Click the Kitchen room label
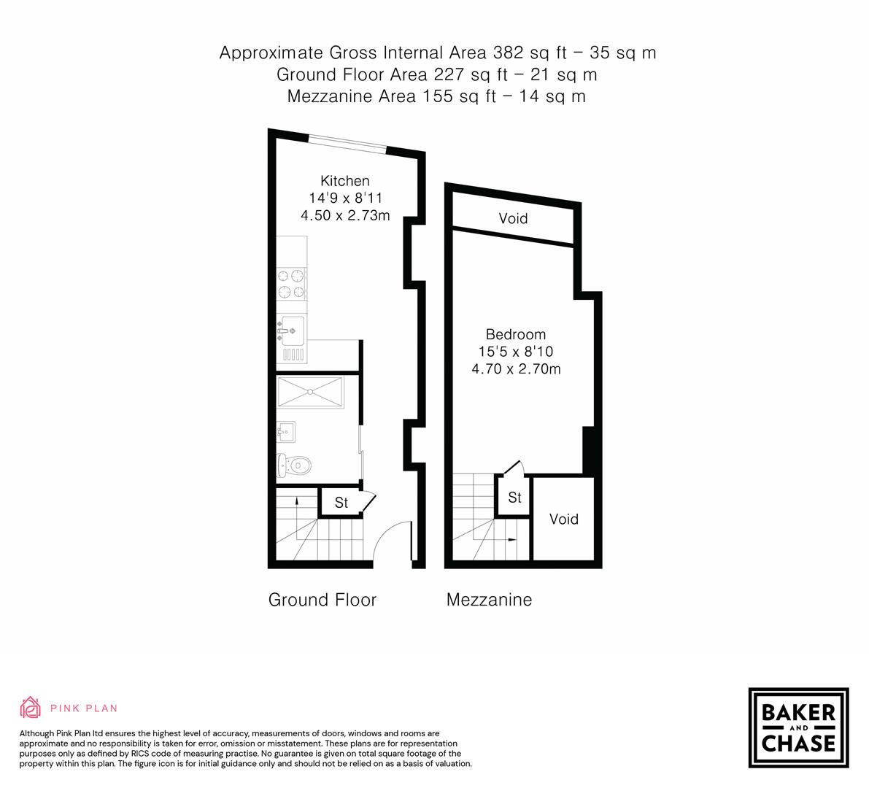tap(344, 181)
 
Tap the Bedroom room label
tap(515, 334)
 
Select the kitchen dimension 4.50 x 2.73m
tap(344, 215)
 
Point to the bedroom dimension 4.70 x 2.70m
tap(516, 368)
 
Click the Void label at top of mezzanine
tap(513, 218)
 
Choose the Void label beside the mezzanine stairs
tap(563, 519)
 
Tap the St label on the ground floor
tap(341, 503)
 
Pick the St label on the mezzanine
tap(514, 498)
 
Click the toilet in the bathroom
tap(294, 464)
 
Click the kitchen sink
tap(290, 332)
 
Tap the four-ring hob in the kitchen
tap(291, 284)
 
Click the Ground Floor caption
tap(322, 600)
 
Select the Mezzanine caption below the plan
tap(489, 600)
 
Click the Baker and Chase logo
tap(798, 727)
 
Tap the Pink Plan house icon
tap(31, 707)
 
